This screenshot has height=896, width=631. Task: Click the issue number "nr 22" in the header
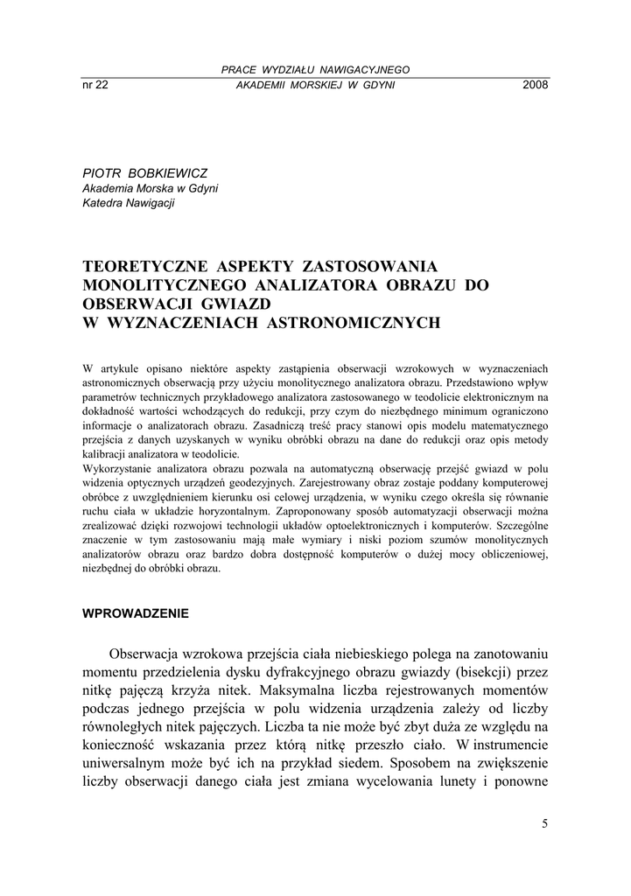(95, 85)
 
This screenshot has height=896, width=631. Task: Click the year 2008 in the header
(535, 85)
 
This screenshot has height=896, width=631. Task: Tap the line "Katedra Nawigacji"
(129, 204)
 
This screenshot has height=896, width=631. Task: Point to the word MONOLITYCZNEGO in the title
(165, 285)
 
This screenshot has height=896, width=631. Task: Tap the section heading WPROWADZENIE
(136, 613)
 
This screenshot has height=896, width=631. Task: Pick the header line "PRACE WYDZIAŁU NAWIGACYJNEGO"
(316, 70)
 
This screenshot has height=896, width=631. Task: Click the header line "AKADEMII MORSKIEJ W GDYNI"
(316, 85)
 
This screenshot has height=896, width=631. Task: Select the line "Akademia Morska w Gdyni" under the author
(150, 188)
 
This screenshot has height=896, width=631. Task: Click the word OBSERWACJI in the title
(144, 304)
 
